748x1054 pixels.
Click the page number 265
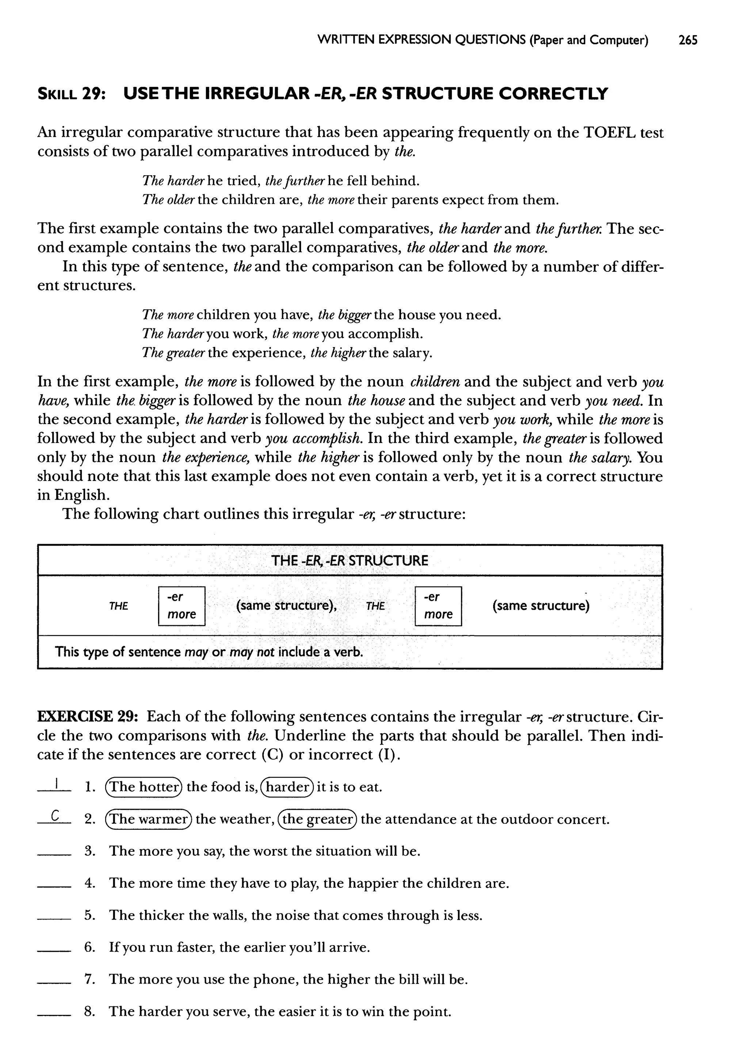click(688, 41)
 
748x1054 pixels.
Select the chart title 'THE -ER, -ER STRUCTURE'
click(350, 560)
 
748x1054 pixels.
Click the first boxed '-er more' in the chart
click(182, 606)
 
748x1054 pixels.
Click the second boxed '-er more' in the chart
click(438, 606)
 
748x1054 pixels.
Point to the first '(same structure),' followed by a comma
click(286, 606)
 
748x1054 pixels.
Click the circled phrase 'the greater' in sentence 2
click(318, 819)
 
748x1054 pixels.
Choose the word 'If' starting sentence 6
click(113, 947)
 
